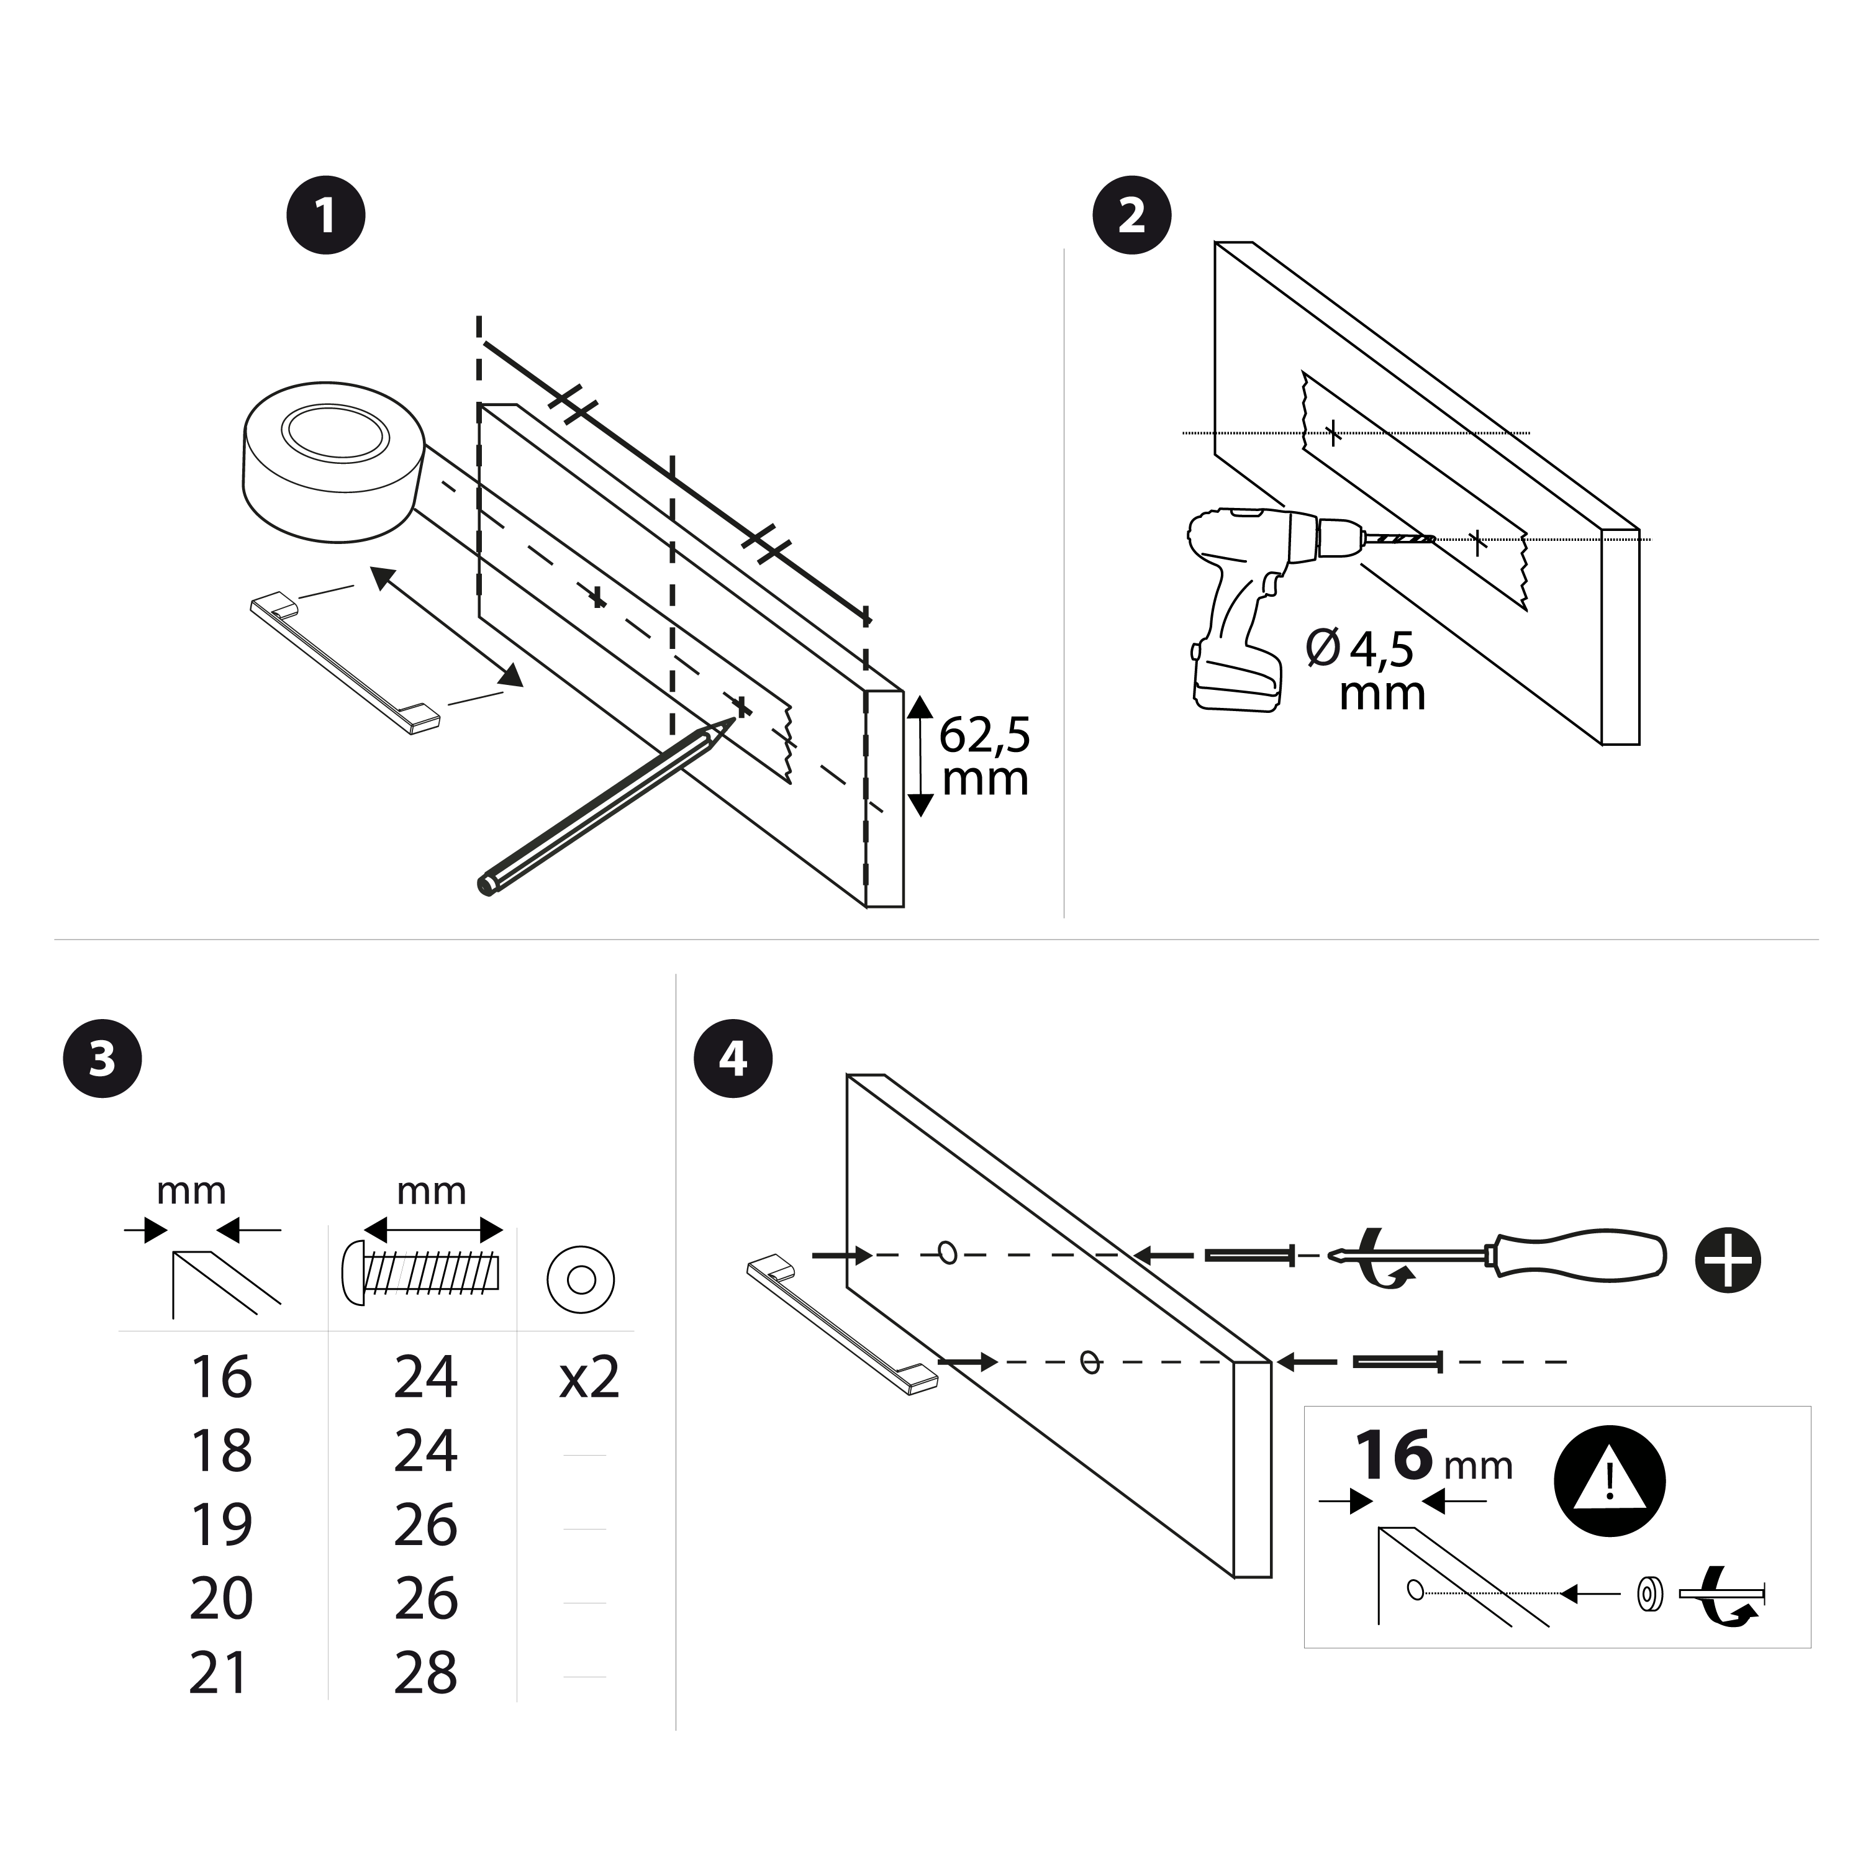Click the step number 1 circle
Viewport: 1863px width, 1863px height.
click(326, 214)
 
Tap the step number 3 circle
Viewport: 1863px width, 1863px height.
click(102, 1059)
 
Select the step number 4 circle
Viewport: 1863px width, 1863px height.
click(733, 1059)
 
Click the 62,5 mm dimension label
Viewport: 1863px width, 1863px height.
click(984, 757)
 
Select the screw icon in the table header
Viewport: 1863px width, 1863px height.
click(422, 1275)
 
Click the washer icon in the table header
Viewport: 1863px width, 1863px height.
click(581, 1280)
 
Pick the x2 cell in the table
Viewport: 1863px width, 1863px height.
click(588, 1377)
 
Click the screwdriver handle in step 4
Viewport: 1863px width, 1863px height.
click(1582, 1254)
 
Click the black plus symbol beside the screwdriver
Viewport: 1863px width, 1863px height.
click(1727, 1259)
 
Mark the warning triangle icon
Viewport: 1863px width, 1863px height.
click(1610, 1480)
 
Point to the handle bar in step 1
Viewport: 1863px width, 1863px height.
click(345, 664)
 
